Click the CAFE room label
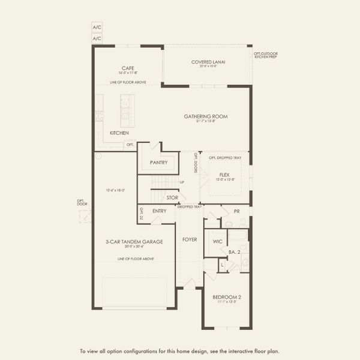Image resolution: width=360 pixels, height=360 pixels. coord(127,68)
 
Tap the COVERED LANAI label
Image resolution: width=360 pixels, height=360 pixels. coord(208,62)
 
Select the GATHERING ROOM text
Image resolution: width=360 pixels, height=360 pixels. coord(206,116)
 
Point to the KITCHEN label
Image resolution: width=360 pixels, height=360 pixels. coord(119,133)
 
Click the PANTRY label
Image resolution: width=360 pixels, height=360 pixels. coord(158,162)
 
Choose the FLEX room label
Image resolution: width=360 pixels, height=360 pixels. coord(224,175)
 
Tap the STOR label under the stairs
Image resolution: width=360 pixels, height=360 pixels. coord(172,197)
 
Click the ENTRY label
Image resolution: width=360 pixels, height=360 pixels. coord(160,211)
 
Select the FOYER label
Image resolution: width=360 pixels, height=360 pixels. coord(190,239)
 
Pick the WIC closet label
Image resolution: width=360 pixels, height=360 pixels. coord(217,242)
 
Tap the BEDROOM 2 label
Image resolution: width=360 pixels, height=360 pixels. coord(226,297)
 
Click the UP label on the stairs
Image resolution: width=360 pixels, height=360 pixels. coord(182,182)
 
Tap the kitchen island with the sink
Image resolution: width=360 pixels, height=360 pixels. coord(127,110)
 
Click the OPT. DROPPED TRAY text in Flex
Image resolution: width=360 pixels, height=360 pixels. coord(224,158)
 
